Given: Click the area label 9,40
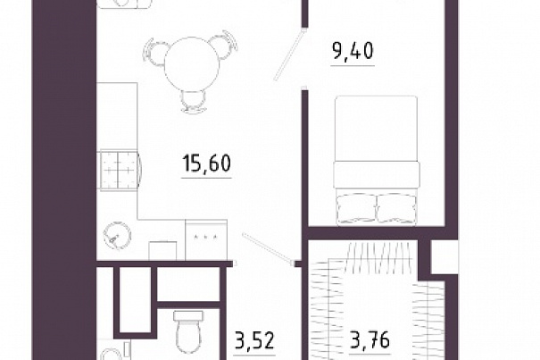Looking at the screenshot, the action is click(353, 52).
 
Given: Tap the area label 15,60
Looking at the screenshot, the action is click(206, 163).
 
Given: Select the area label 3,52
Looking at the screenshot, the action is click(254, 340).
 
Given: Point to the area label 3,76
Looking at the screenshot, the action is click(370, 339).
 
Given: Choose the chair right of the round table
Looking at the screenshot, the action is click(224, 46).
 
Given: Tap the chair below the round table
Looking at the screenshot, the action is click(194, 101).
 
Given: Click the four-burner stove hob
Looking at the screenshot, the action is click(119, 170).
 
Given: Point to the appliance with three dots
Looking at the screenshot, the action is click(206, 239).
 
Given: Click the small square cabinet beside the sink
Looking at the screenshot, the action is click(162, 251).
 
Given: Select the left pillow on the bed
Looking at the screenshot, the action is click(357, 208).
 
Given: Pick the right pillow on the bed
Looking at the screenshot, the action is click(396, 208).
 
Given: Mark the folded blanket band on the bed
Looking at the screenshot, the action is click(377, 175).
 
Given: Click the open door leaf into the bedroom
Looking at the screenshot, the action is click(288, 55).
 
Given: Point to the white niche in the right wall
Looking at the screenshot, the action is click(444, 257).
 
